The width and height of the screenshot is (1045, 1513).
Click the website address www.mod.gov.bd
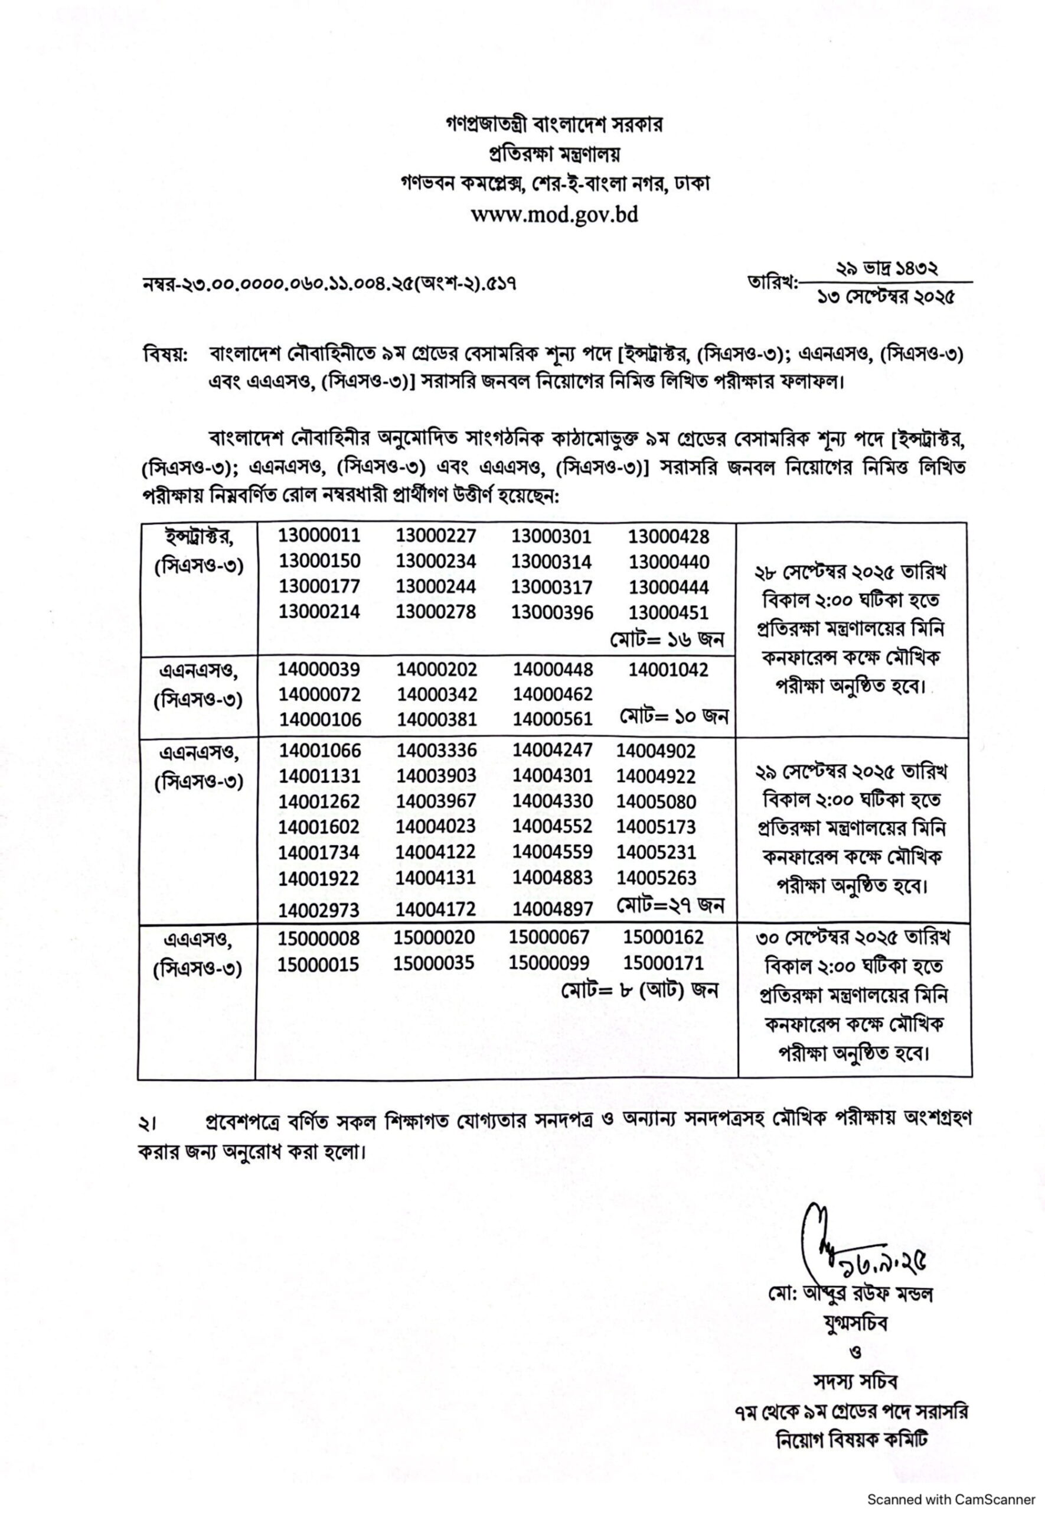pyautogui.click(x=554, y=215)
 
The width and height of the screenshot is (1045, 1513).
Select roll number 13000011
pyautogui.click(x=319, y=535)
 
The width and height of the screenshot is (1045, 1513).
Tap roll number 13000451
pyautogui.click(x=668, y=612)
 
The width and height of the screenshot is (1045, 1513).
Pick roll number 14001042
pyautogui.click(x=668, y=670)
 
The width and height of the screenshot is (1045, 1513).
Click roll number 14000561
pyautogui.click(x=553, y=719)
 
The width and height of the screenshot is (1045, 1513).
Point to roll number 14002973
pyautogui.click(x=319, y=910)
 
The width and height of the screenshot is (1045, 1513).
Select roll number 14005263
pyautogui.click(x=656, y=878)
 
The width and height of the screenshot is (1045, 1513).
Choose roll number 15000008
pyautogui.click(x=319, y=939)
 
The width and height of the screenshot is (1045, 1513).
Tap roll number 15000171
pyautogui.click(x=663, y=963)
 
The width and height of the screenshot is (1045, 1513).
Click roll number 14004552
pyautogui.click(x=553, y=826)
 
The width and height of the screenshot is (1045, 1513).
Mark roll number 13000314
pyautogui.click(x=551, y=561)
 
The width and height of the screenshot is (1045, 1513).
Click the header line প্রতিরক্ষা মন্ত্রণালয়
pyautogui.click(x=554, y=155)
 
